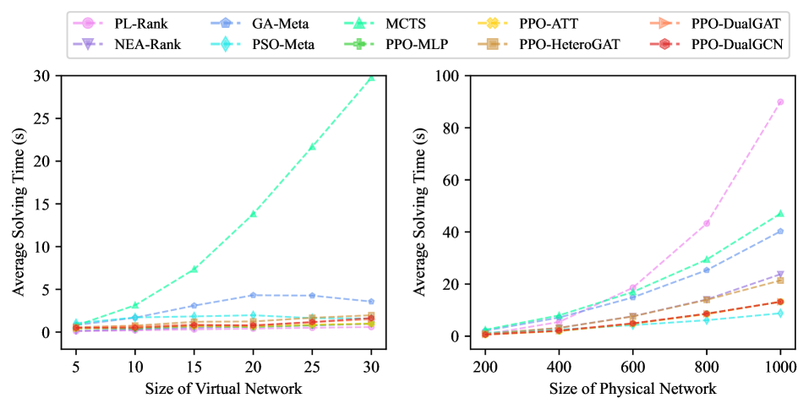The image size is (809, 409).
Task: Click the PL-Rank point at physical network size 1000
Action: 780,101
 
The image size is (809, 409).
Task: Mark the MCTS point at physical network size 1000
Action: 780,214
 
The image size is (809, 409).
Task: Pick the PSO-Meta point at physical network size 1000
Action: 780,314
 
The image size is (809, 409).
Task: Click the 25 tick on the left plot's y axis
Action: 41,118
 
